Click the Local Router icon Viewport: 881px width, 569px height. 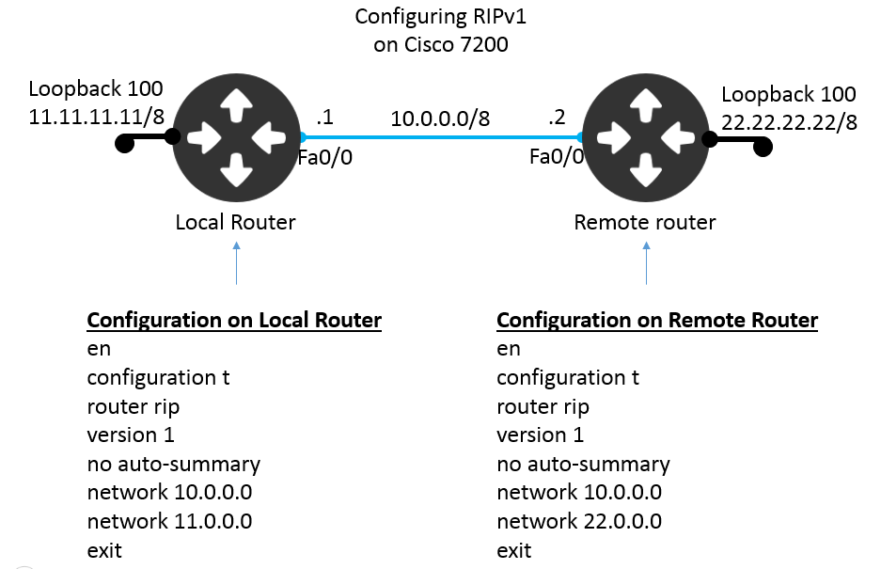(235, 137)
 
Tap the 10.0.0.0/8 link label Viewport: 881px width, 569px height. (441, 119)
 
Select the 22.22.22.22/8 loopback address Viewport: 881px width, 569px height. (789, 122)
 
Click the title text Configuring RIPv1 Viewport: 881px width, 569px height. (441, 17)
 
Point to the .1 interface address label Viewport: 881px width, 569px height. (324, 119)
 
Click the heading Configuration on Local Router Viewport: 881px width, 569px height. (234, 320)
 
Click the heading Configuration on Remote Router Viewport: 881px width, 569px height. (657, 320)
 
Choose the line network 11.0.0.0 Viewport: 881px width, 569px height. (169, 521)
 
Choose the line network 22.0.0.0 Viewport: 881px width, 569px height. (579, 521)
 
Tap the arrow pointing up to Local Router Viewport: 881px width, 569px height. (236, 263)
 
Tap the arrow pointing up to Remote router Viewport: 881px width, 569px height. (647, 263)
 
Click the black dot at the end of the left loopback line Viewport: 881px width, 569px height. (123, 145)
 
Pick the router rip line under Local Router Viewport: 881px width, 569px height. (133, 406)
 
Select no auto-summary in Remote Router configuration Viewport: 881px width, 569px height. (583, 464)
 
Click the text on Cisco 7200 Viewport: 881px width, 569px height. (441, 44)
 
